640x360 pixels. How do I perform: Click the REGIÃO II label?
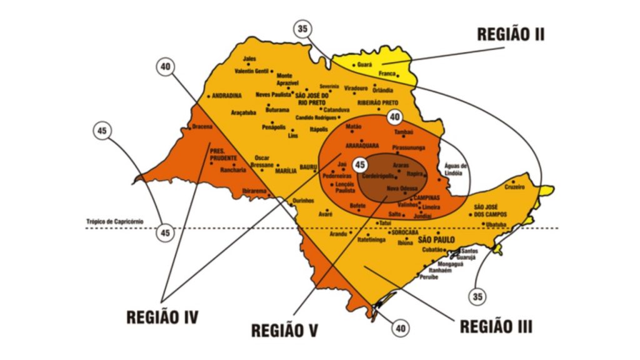click(510, 34)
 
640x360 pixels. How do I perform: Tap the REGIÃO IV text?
click(162, 317)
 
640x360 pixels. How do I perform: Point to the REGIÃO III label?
click(496, 326)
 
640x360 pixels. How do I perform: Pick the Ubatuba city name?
click(496, 224)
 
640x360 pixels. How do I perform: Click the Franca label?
click(386, 73)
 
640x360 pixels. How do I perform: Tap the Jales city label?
click(249, 59)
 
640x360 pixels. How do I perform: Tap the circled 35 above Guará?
click(303, 29)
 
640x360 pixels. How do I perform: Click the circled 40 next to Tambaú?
click(394, 117)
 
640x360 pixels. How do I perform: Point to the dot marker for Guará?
click(354, 65)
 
